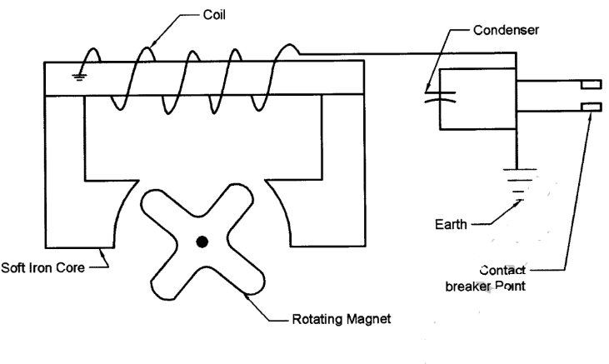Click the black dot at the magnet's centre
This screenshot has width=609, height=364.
tap(202, 242)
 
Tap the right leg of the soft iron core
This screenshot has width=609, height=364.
tap(342, 167)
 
